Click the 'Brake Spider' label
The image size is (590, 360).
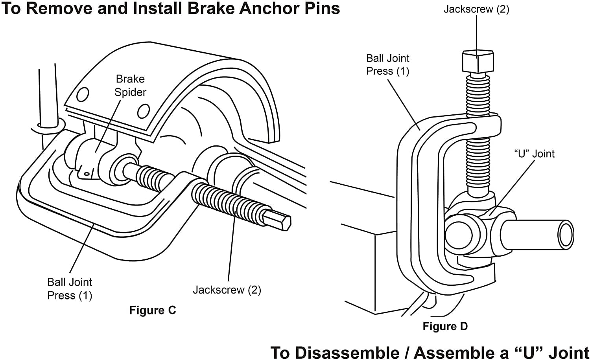pyautogui.click(x=130, y=85)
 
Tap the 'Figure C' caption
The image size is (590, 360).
pyautogui.click(x=152, y=310)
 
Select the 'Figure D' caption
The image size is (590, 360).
pyautogui.click(x=445, y=327)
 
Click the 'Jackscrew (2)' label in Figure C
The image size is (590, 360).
pyautogui.click(x=227, y=290)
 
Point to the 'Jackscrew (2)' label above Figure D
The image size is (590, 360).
pyautogui.click(x=476, y=9)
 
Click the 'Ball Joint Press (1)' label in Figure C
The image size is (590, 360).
pyautogui.click(x=70, y=289)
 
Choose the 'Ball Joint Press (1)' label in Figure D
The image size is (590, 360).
pyautogui.click(x=388, y=65)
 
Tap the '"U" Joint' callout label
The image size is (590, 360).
pyautogui.click(x=535, y=154)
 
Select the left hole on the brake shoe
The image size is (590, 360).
pyautogui.click(x=83, y=95)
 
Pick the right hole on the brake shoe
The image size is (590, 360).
pyautogui.click(x=143, y=111)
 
